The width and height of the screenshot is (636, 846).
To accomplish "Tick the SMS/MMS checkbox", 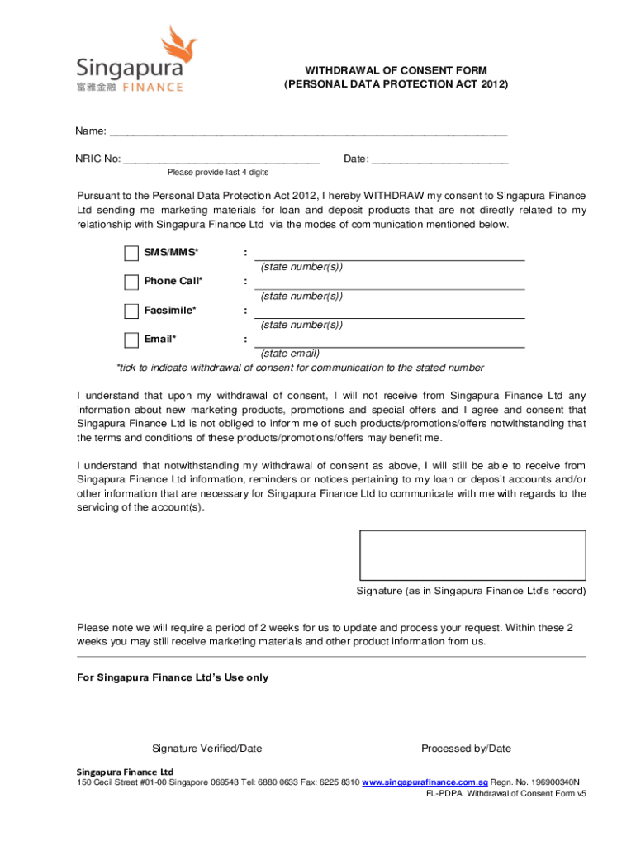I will [131, 253].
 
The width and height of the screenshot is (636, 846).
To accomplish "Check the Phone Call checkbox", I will [131, 282].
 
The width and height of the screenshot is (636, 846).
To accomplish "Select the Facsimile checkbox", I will [131, 311].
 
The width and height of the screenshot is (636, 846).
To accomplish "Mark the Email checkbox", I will [131, 340].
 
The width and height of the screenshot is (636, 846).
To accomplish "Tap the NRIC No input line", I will [221, 160].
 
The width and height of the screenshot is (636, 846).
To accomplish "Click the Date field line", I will [439, 160].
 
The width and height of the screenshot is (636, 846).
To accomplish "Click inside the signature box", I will [472, 554].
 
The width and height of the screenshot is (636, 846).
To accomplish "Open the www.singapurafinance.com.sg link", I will [425, 782].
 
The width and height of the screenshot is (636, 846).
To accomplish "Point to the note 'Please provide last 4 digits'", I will [217, 173].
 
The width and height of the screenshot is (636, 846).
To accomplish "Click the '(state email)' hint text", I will [290, 354].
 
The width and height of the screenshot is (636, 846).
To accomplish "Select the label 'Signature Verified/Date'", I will [206, 749].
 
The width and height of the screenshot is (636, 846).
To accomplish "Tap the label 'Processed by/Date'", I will [466, 749].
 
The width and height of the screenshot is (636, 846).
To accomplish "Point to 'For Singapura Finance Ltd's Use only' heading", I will [173, 677].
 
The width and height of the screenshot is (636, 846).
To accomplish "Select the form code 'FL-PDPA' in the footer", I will [444, 793].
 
